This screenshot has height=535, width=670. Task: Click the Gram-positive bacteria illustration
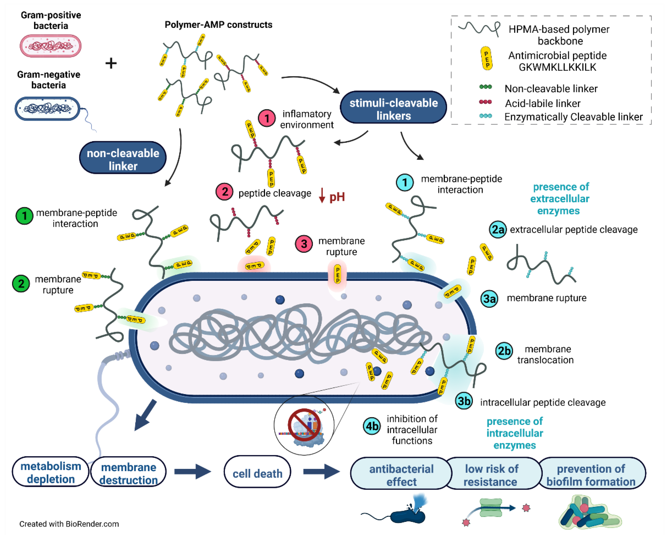pos(50,46)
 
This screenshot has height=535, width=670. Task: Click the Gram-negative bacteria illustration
pos(48,108)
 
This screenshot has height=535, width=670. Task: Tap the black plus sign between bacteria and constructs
pos(111,63)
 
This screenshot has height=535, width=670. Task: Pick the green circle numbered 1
pos(24,216)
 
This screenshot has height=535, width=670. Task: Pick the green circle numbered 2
pos(21,284)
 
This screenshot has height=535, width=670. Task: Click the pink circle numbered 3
pos(304,244)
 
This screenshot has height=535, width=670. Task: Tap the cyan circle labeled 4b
pos(372,426)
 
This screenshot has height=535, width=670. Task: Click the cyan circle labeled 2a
pos(498,230)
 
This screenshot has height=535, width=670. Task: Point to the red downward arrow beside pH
pos(322,196)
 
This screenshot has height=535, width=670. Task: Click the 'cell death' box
pos(257,473)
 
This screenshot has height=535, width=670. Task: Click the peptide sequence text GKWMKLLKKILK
pos(557,67)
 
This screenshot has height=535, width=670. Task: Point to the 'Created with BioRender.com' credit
pos(69,524)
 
